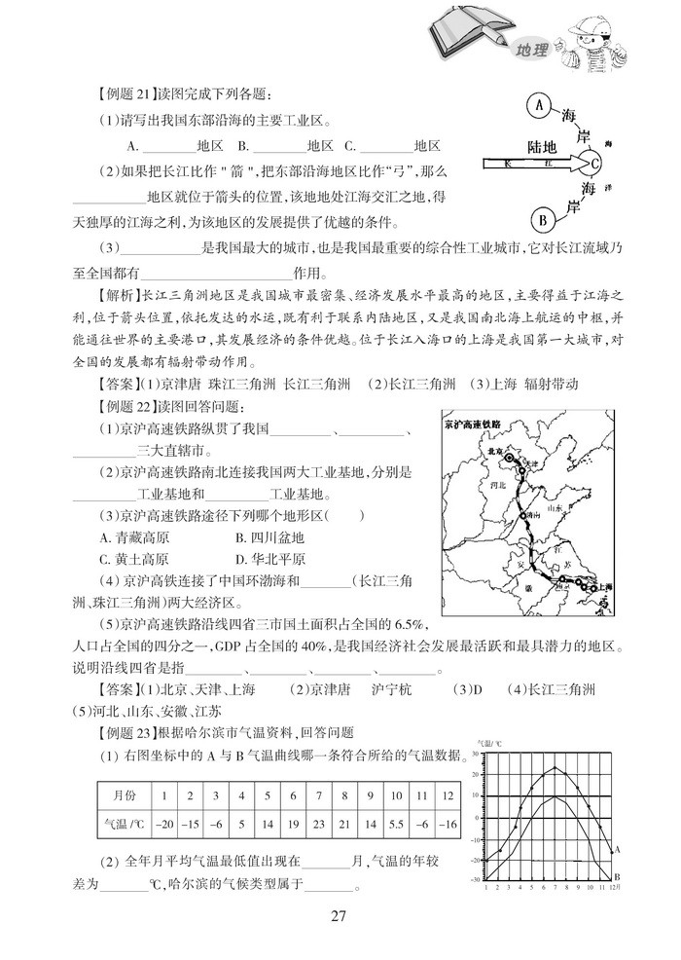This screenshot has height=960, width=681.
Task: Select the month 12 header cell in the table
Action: [448, 795]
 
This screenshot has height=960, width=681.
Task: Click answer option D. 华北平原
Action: [271, 559]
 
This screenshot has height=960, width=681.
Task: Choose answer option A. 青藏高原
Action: [134, 536]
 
